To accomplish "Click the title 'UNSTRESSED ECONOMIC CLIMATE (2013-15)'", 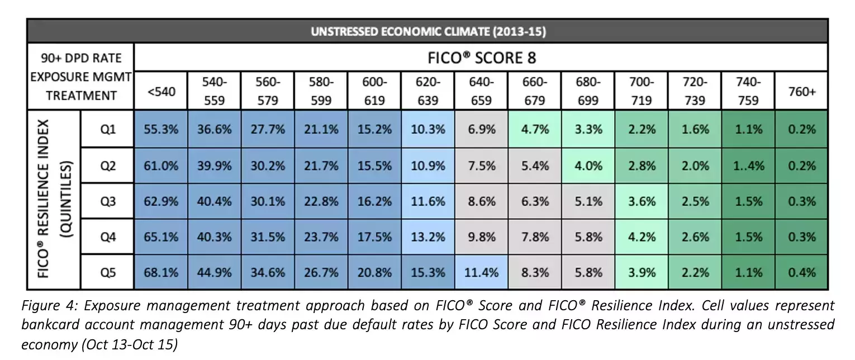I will pos(428,31).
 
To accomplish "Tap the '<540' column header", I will pos(161,91).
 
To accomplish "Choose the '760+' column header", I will pos(802,91).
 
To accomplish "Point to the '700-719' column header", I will pos(642,91).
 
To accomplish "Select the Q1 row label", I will pos(108,129).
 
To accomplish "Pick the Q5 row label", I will pos(108,272).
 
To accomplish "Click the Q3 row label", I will pos(108,201).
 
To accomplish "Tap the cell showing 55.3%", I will pos(161,129).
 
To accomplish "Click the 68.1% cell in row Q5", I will pos(161,272).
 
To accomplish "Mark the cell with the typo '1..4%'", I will pos(749,165).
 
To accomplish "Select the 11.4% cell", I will pos(482,272).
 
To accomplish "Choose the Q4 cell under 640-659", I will pos(482,237).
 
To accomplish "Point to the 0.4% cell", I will pos(802,272).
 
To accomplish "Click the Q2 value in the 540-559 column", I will pos(215,165).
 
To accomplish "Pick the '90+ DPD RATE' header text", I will pos(80,58).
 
